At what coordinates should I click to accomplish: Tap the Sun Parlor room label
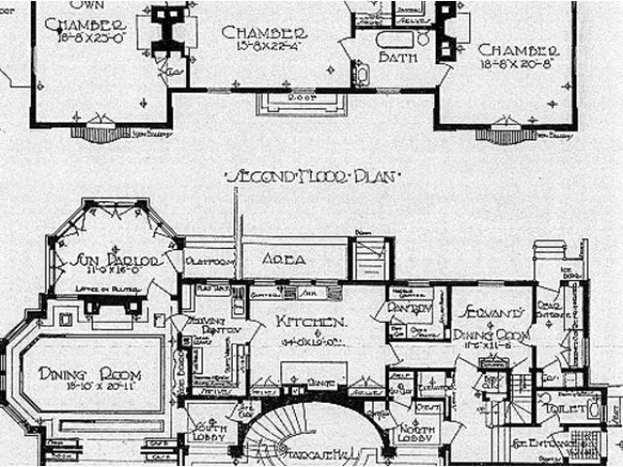(x=110, y=262)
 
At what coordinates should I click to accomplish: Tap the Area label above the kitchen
(x=284, y=260)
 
